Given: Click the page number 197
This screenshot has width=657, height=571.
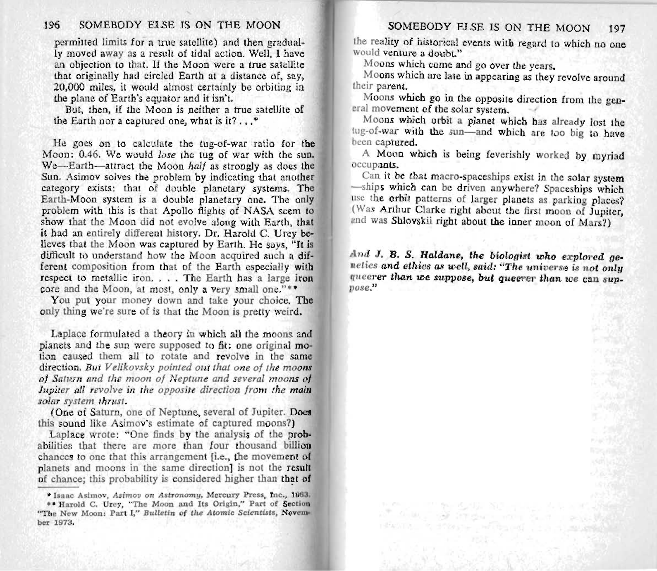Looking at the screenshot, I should (x=618, y=28).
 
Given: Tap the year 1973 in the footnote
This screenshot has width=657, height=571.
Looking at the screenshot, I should (x=64, y=522).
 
